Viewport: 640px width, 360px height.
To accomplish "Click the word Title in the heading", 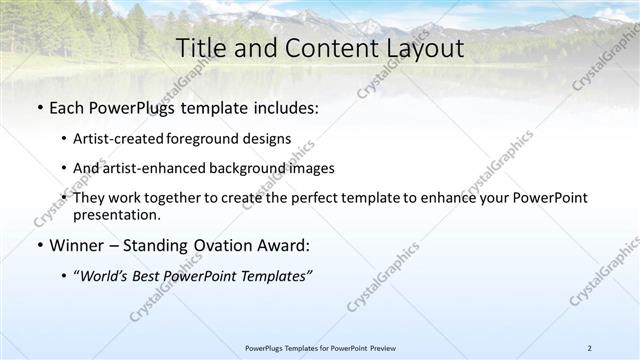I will click(202, 48).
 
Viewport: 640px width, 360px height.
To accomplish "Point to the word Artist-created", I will click(109, 139).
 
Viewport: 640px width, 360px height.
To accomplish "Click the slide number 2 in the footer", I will click(589, 348).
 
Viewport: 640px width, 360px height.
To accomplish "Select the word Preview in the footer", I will click(379, 348).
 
